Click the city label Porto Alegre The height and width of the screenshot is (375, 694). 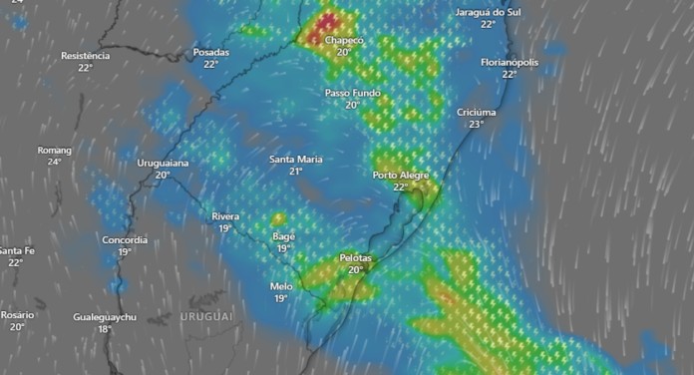click(x=400, y=176)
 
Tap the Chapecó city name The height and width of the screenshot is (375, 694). click(x=343, y=40)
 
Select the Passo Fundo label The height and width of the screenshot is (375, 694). click(x=353, y=93)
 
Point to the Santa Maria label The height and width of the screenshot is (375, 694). click(x=296, y=160)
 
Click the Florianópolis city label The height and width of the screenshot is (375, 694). click(x=510, y=62)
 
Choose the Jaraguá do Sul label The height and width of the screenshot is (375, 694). click(x=488, y=12)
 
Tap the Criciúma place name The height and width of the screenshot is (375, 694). click(x=477, y=112)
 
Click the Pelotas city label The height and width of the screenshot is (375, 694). click(x=356, y=257)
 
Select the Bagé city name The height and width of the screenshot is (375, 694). click(x=283, y=236)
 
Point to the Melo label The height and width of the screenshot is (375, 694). click(x=281, y=285)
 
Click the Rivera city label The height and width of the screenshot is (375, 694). click(x=225, y=216)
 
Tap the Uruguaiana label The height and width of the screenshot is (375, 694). click(x=163, y=163)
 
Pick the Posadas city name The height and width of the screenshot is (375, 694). click(x=210, y=52)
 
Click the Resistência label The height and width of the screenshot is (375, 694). click(x=86, y=56)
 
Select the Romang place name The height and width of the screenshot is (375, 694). click(x=54, y=150)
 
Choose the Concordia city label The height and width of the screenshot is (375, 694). click(x=125, y=239)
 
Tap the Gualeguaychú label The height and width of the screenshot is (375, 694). click(x=105, y=317)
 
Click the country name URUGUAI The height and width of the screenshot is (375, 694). click(x=206, y=316)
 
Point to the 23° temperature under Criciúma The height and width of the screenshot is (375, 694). click(x=476, y=124)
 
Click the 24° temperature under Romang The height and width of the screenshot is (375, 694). click(x=54, y=162)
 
